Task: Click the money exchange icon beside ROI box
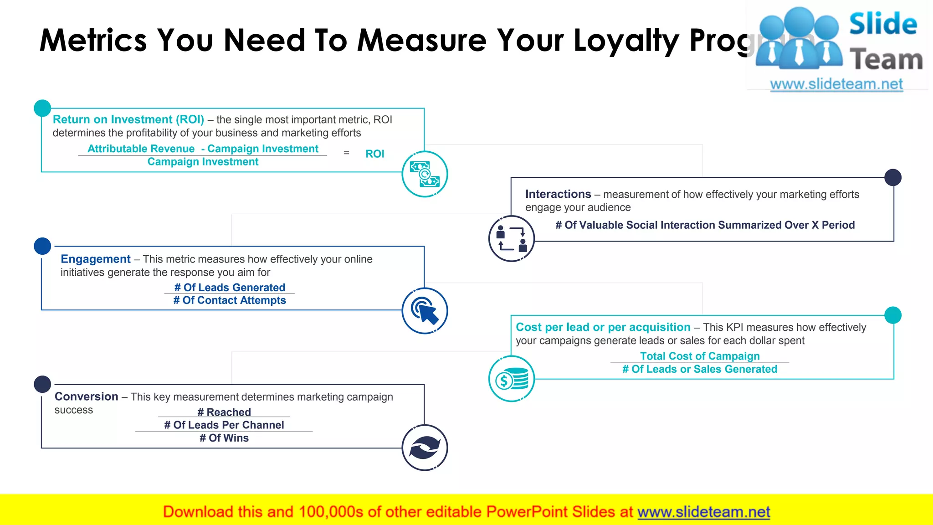(425, 174)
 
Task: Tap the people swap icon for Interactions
(511, 238)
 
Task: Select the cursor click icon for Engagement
(425, 311)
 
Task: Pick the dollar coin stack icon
(511, 379)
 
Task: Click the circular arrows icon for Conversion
(425, 448)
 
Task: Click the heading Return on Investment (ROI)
(128, 119)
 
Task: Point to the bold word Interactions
(558, 194)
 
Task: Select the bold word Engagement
(96, 259)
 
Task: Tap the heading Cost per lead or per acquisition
(603, 327)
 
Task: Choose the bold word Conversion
(87, 396)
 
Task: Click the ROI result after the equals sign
(374, 154)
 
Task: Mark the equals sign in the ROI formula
(346, 153)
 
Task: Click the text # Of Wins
(224, 438)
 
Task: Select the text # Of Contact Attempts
(230, 300)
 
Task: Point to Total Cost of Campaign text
(700, 356)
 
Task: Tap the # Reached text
(224, 412)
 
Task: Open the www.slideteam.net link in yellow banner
(703, 512)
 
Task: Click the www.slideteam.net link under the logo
(836, 84)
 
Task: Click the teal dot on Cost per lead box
(892, 315)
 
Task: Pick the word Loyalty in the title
(626, 40)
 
